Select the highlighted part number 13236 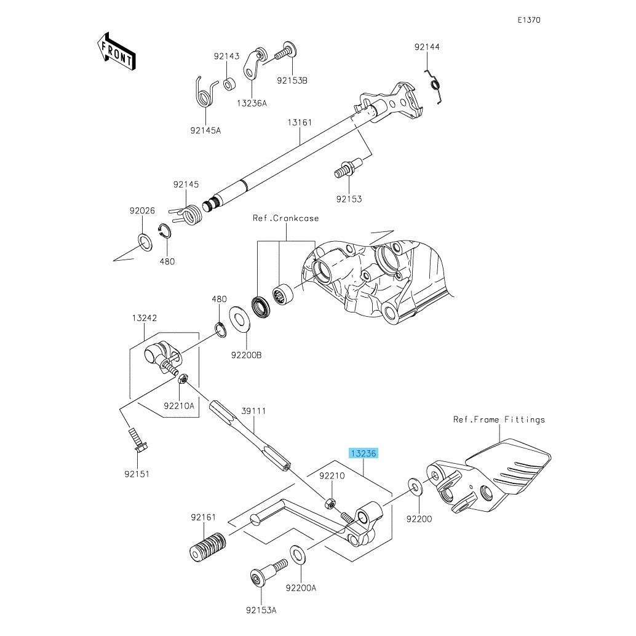[364, 453]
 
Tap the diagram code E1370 [528, 20]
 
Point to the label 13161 [300, 122]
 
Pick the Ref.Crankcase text [286, 218]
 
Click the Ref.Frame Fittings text [499, 419]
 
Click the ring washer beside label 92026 [143, 242]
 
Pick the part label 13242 [144, 318]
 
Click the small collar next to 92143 [230, 83]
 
